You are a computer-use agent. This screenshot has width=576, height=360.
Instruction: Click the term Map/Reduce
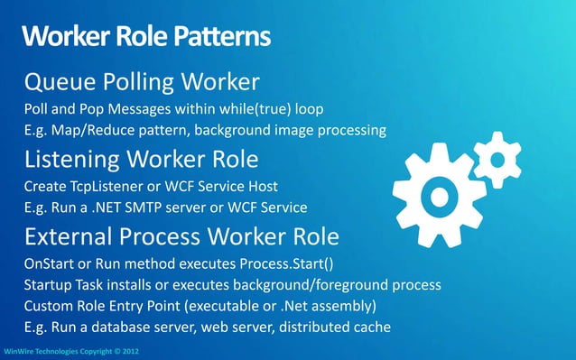tap(97, 131)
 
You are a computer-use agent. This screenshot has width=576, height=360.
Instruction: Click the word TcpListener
tap(114, 187)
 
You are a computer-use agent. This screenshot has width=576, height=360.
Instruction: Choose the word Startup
tap(51, 285)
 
